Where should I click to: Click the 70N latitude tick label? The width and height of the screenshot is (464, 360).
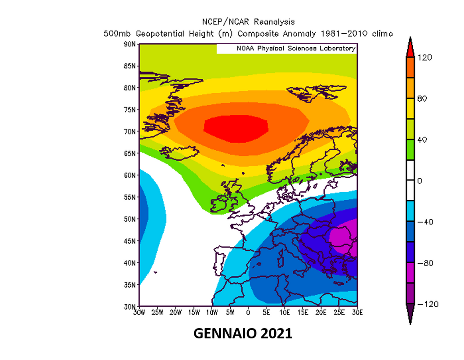[x=129, y=131]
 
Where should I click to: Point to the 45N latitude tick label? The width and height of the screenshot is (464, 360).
[x=129, y=241]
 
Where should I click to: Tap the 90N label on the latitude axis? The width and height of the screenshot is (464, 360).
[x=129, y=44]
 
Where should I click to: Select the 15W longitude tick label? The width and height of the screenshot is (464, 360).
[x=194, y=312]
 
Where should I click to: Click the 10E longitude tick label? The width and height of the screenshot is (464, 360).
[x=284, y=312]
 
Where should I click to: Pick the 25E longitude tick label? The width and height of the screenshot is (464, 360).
[x=339, y=312]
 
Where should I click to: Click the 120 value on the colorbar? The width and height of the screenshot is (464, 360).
[x=424, y=58]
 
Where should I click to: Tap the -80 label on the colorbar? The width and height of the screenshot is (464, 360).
[x=425, y=263]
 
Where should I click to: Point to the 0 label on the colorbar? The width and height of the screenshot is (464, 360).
[x=419, y=181]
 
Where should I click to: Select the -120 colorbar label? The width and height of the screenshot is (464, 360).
[x=428, y=304]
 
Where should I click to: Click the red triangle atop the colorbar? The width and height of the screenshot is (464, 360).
[x=410, y=48]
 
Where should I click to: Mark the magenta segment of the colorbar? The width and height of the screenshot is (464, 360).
[x=410, y=273]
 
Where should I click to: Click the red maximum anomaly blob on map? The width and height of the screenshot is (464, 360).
[x=236, y=129]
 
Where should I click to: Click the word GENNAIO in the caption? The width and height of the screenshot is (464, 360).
[x=225, y=333]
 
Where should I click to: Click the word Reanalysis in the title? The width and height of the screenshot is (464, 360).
[x=274, y=22]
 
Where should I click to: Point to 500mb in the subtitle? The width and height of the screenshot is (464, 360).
[x=117, y=34]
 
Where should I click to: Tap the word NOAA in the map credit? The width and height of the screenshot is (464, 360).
[x=245, y=48]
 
